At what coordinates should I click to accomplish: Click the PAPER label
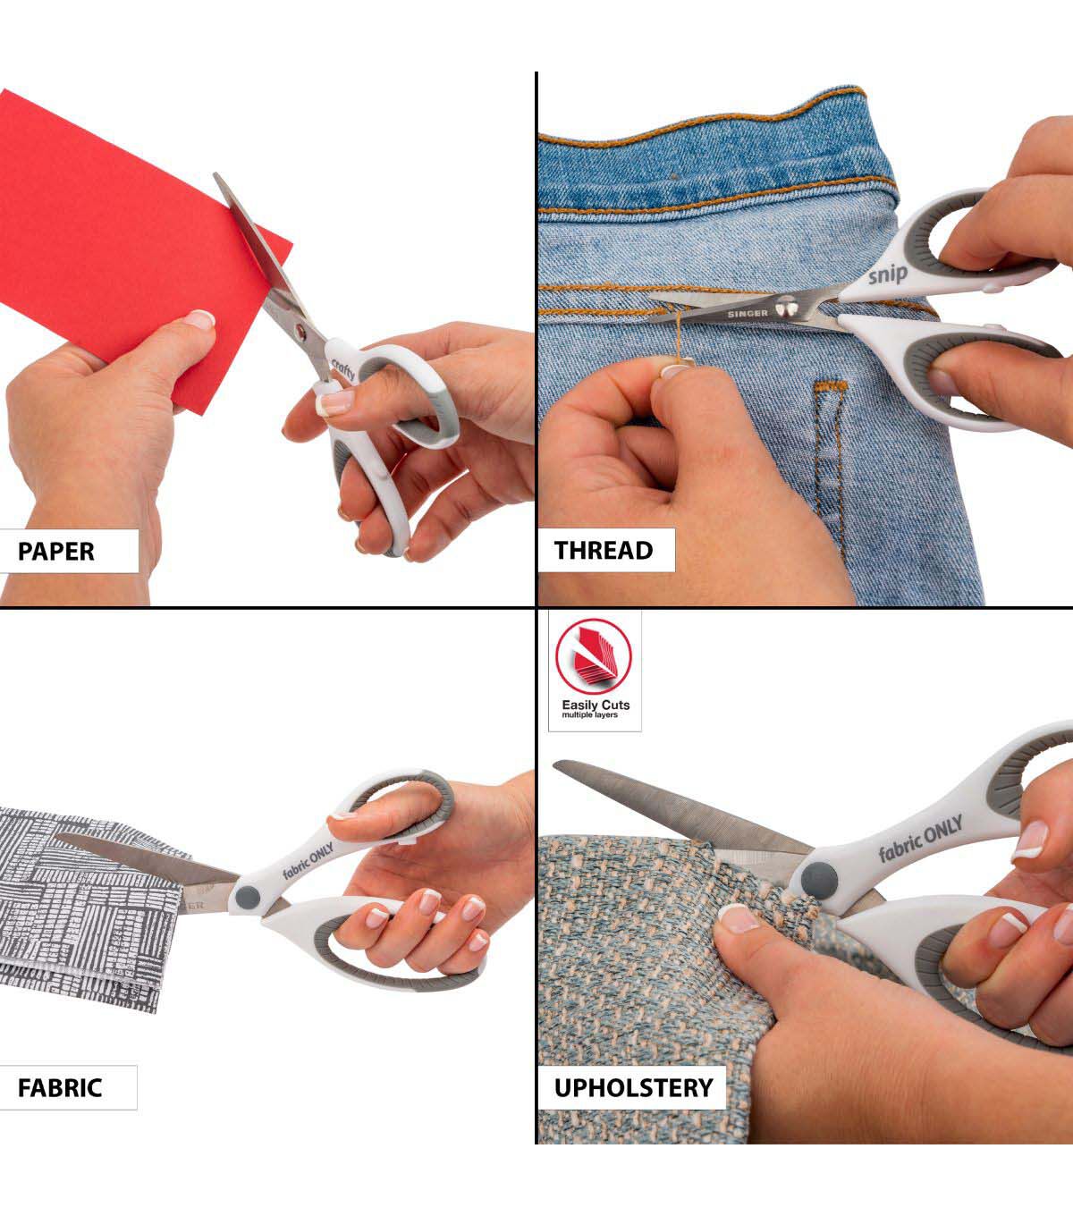(55, 551)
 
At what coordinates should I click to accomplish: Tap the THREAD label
(604, 551)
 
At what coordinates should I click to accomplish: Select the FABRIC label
(59, 1087)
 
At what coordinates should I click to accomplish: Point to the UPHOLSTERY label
(633, 1087)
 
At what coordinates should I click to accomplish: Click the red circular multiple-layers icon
(593, 656)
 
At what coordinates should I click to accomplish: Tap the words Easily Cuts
(596, 705)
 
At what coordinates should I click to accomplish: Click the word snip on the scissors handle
(888, 274)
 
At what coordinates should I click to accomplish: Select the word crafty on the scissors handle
(343, 369)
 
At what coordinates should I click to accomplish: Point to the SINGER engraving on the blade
(748, 313)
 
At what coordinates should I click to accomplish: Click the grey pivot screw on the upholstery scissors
(820, 879)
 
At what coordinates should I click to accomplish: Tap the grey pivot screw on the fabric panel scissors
(248, 898)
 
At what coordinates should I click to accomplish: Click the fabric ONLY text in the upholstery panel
(920, 839)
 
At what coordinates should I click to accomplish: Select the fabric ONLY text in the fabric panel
(308, 860)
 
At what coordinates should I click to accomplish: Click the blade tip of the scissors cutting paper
(216, 175)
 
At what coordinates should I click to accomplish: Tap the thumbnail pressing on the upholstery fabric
(739, 919)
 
